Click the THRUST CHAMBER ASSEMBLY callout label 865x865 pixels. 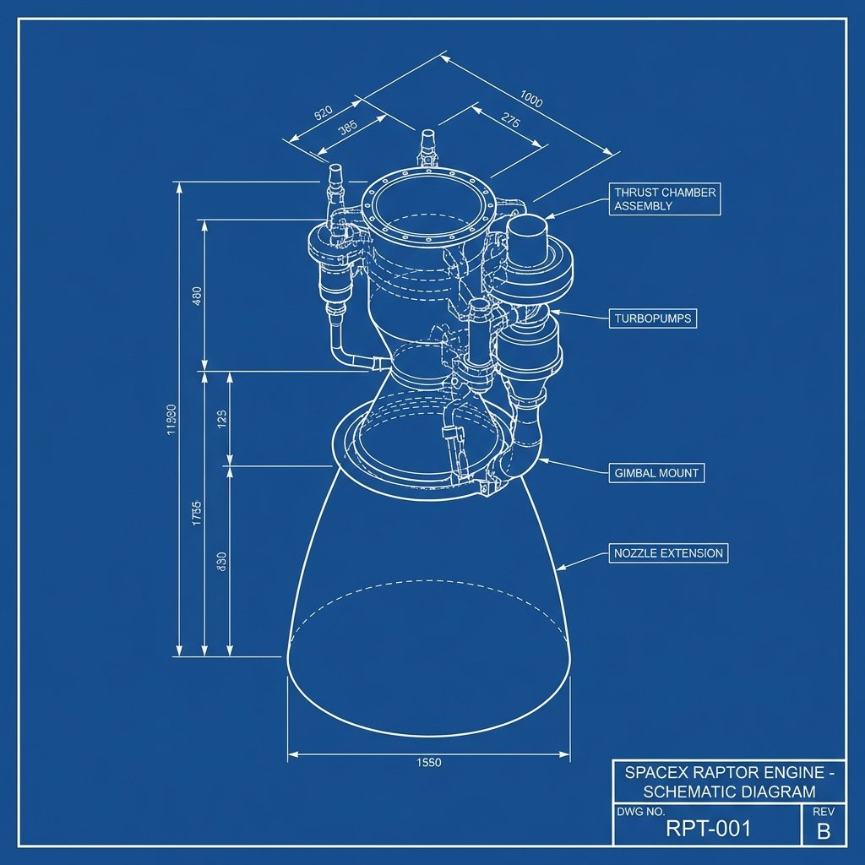pyautogui.click(x=664, y=199)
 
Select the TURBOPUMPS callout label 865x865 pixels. pyautogui.click(x=652, y=318)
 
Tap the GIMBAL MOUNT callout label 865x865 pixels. pyautogui.click(x=656, y=473)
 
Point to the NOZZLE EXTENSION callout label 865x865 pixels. pyautogui.click(x=667, y=554)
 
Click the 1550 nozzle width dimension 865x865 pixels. pyautogui.click(x=429, y=762)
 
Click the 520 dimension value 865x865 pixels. pyautogui.click(x=323, y=114)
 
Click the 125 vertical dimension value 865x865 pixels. pyautogui.click(x=220, y=417)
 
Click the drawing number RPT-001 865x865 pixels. pyautogui.click(x=708, y=829)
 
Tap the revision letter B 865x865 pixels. pyautogui.click(x=824, y=831)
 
